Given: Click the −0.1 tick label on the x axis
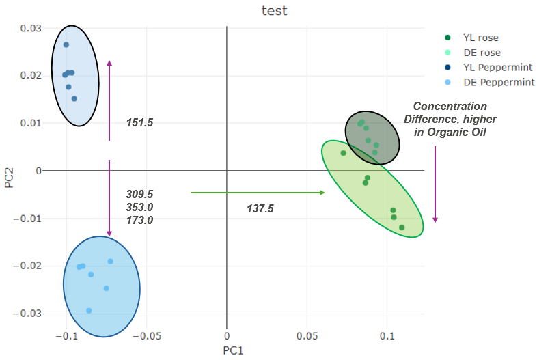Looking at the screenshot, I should click(66, 337).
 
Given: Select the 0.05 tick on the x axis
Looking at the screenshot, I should click(307, 337).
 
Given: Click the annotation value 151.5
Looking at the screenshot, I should click(139, 123).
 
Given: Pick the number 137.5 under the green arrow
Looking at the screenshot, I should click(260, 208).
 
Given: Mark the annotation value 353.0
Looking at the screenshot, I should click(139, 207).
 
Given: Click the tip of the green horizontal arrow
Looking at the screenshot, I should click(323, 193).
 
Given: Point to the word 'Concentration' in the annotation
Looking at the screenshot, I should click(450, 107).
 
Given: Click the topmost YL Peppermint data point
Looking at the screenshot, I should click(66, 45).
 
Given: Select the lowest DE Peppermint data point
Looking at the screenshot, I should click(89, 311).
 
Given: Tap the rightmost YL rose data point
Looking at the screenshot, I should click(402, 227).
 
